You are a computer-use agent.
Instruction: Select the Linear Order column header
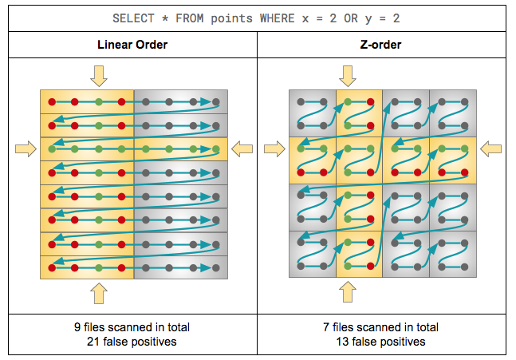point(133,45)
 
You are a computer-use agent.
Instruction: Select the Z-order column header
point(381,45)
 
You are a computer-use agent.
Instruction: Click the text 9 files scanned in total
point(133,327)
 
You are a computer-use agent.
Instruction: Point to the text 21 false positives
point(133,342)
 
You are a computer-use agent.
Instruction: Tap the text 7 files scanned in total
point(381,327)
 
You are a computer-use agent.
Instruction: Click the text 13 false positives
point(381,342)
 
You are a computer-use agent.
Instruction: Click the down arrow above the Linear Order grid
point(98,76)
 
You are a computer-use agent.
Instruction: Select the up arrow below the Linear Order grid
point(98,292)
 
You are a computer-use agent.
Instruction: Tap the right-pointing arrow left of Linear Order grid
point(26,148)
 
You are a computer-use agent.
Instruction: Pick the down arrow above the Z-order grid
point(348,76)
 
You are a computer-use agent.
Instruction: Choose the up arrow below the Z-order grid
point(348,292)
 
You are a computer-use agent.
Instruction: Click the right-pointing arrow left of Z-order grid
point(274,148)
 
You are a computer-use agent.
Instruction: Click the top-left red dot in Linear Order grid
point(51,101)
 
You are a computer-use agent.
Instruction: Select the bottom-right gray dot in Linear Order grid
point(216,267)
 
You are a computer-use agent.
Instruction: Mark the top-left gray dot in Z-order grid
point(300,101)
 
